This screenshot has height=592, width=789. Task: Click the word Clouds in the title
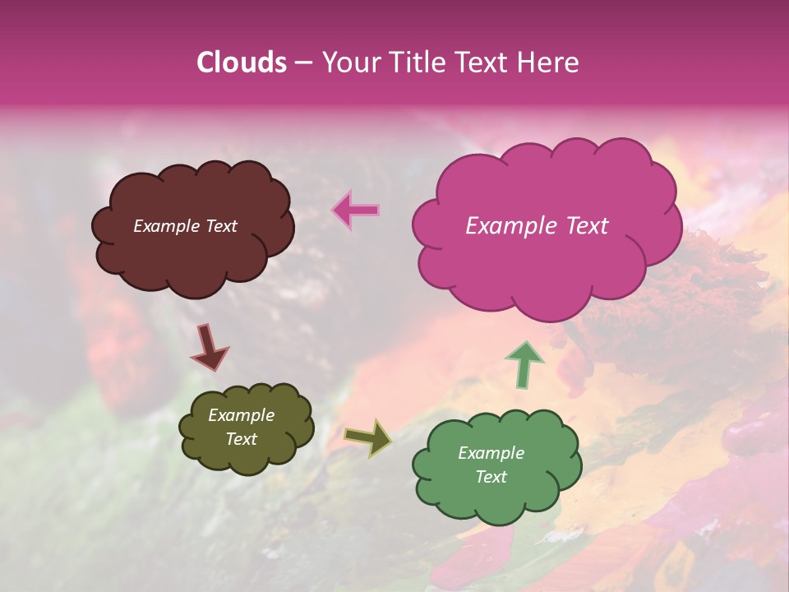tap(242, 62)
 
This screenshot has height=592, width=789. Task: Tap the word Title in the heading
tap(420, 62)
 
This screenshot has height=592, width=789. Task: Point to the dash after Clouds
tap(303, 63)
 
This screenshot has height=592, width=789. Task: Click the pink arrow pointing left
tap(357, 210)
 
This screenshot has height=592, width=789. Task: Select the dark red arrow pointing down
tap(209, 346)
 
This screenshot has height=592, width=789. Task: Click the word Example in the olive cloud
tap(241, 415)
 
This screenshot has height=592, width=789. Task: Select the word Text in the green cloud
tap(491, 477)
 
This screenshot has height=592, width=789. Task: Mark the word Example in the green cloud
tap(491, 453)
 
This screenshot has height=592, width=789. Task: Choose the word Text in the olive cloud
tap(241, 439)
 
